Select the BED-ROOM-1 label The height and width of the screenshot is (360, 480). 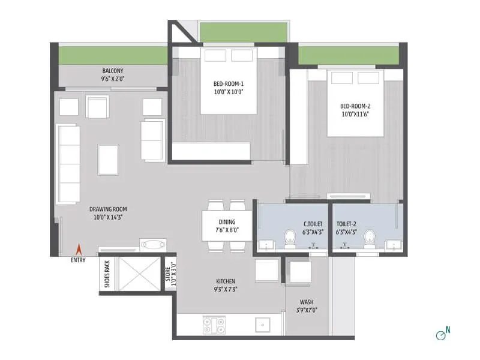[228, 84]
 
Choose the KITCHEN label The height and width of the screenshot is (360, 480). [226, 281]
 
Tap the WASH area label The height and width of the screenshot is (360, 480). [306, 302]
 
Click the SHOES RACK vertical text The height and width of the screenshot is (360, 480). [107, 274]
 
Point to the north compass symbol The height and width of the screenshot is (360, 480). [444, 334]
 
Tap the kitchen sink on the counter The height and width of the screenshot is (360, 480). [262, 325]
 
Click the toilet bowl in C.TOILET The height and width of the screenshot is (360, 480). [290, 238]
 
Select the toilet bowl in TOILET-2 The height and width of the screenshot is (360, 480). [369, 238]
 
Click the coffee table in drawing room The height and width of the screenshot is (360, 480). [109, 158]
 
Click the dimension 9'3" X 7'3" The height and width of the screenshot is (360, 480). [226, 289]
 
